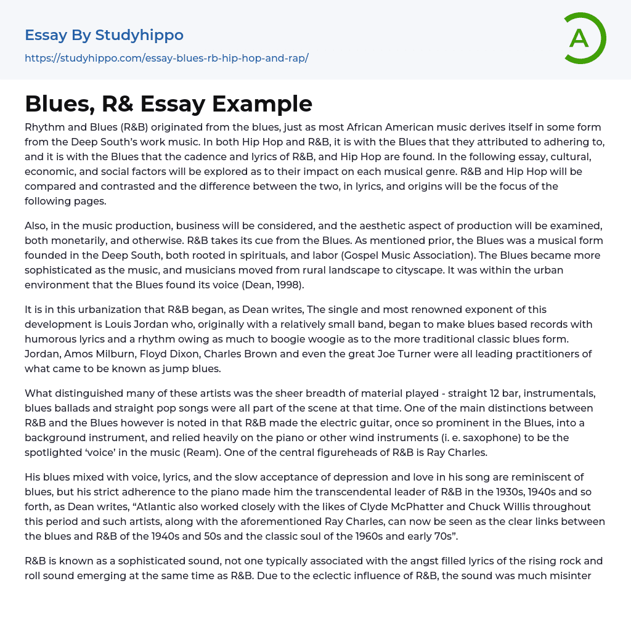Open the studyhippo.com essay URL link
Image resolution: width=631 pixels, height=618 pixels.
coord(166,59)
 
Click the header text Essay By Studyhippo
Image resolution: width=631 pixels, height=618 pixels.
coord(104,35)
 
